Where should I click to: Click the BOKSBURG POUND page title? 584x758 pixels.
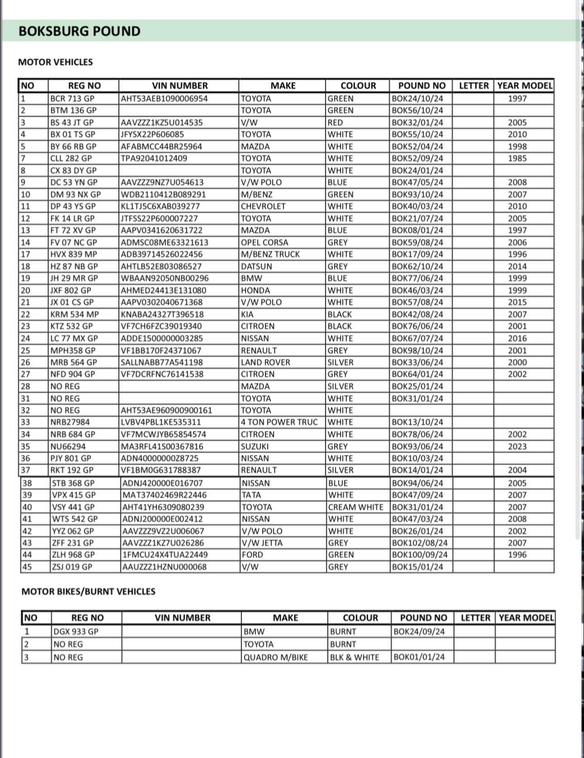coord(80,31)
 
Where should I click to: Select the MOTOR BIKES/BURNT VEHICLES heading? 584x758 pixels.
coord(88,591)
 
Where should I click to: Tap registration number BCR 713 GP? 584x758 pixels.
coord(72,99)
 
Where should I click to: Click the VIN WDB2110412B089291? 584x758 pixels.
coord(163,195)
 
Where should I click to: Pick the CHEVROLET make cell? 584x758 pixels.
coord(263,206)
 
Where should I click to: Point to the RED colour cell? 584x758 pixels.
coord(335,123)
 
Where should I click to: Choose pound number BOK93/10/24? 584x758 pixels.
coord(417,195)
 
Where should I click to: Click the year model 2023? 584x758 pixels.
coord(517,446)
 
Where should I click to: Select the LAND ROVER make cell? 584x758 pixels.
coord(265,362)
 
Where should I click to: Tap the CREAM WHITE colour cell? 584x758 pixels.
coord(355,507)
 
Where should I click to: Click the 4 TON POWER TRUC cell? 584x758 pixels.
coord(279,422)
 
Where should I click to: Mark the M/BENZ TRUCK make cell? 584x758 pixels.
coord(270,254)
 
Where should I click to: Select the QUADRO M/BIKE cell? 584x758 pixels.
coord(275,657)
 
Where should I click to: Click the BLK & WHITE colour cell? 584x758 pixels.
coord(354,657)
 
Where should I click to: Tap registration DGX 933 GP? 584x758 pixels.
coord(76,632)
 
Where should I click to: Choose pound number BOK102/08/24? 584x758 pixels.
coord(420,543)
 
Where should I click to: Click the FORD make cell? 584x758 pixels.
coord(253,555)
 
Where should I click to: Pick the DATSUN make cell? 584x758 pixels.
coord(256,267)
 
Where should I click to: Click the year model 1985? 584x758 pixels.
coord(517,158)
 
